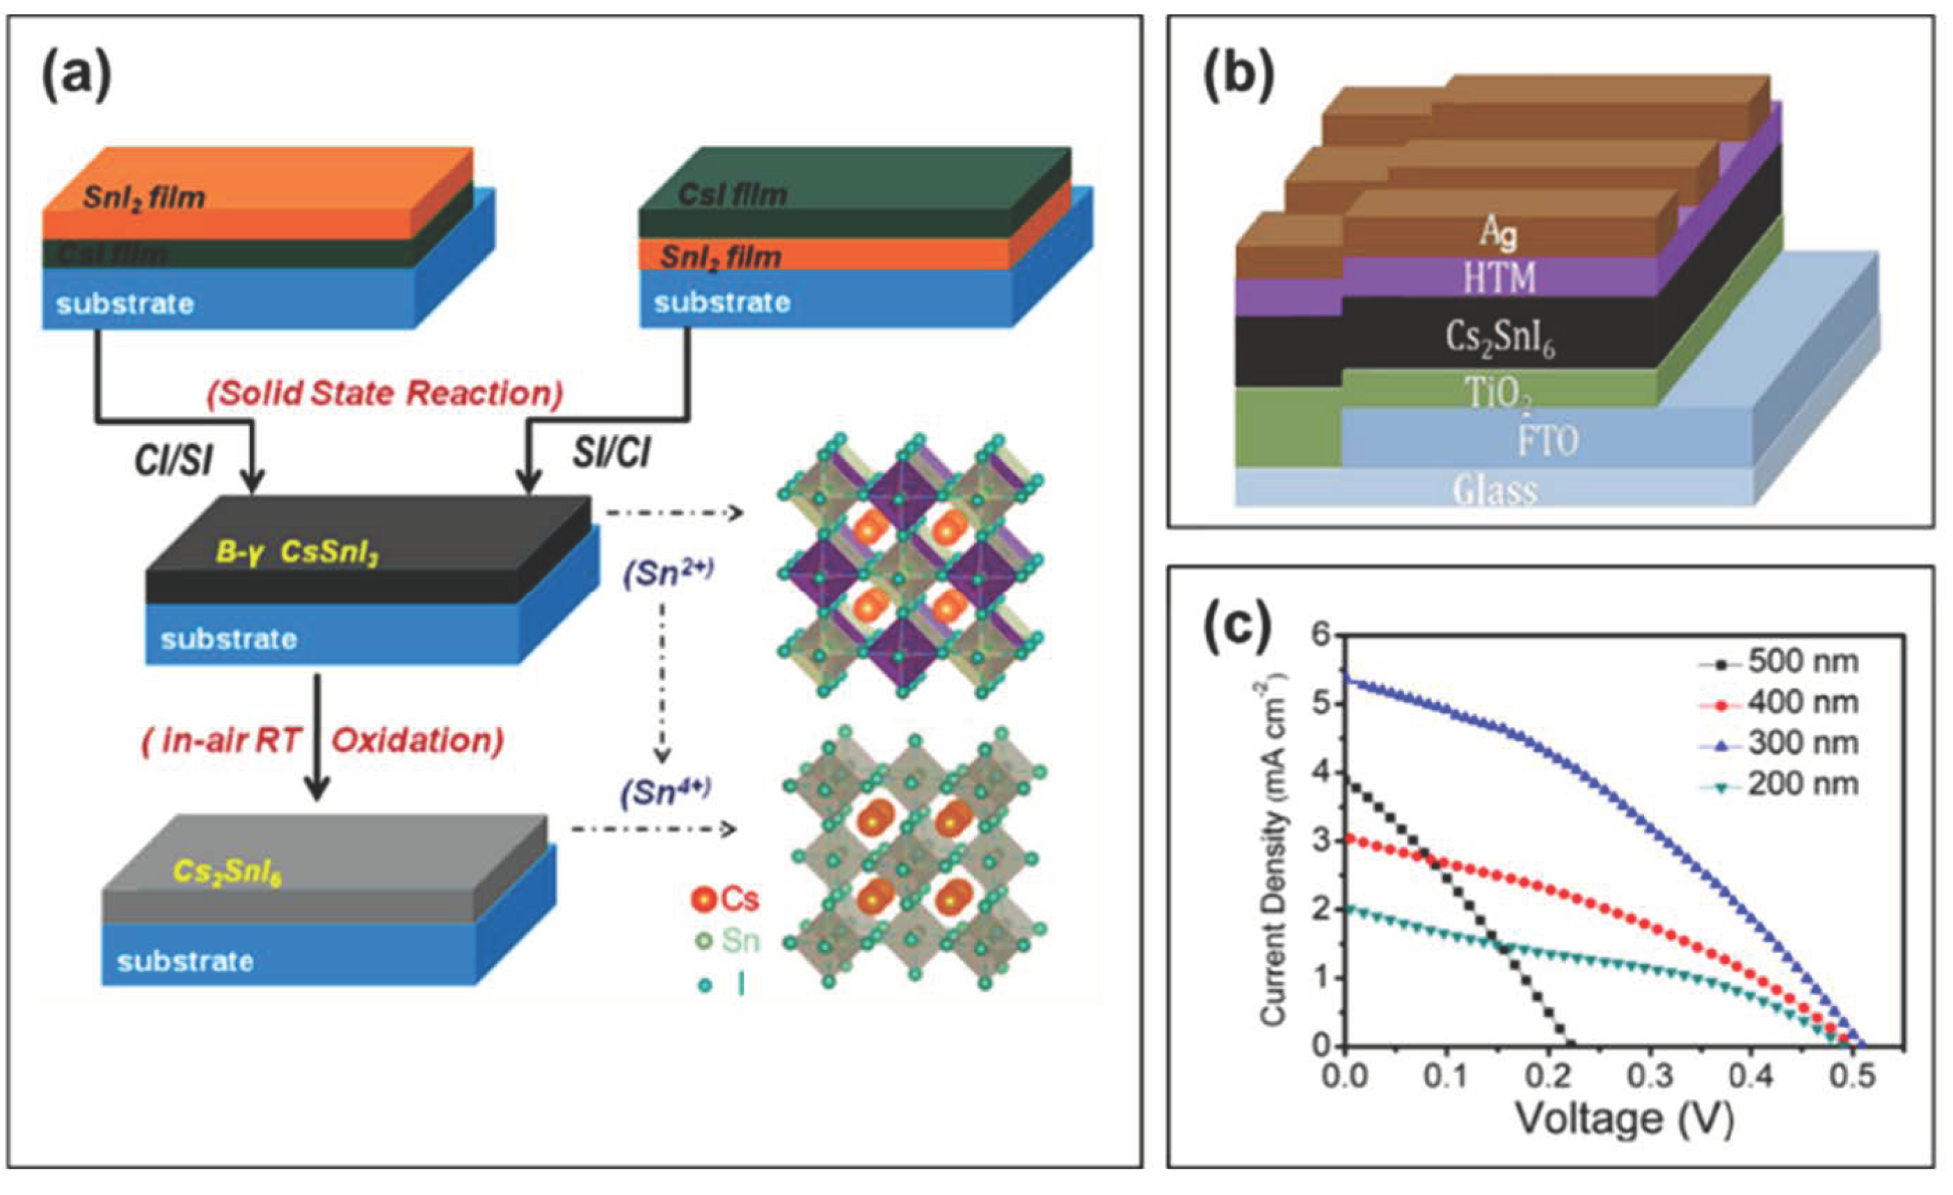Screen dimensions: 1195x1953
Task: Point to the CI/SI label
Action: point(173,459)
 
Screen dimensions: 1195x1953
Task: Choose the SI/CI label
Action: point(611,453)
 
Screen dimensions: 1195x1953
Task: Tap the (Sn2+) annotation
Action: point(668,574)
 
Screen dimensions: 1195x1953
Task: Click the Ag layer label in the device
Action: point(1499,231)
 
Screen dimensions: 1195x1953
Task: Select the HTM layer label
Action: point(1499,278)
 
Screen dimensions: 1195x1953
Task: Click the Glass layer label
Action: point(1495,490)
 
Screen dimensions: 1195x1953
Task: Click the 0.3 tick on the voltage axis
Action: point(1652,1077)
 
